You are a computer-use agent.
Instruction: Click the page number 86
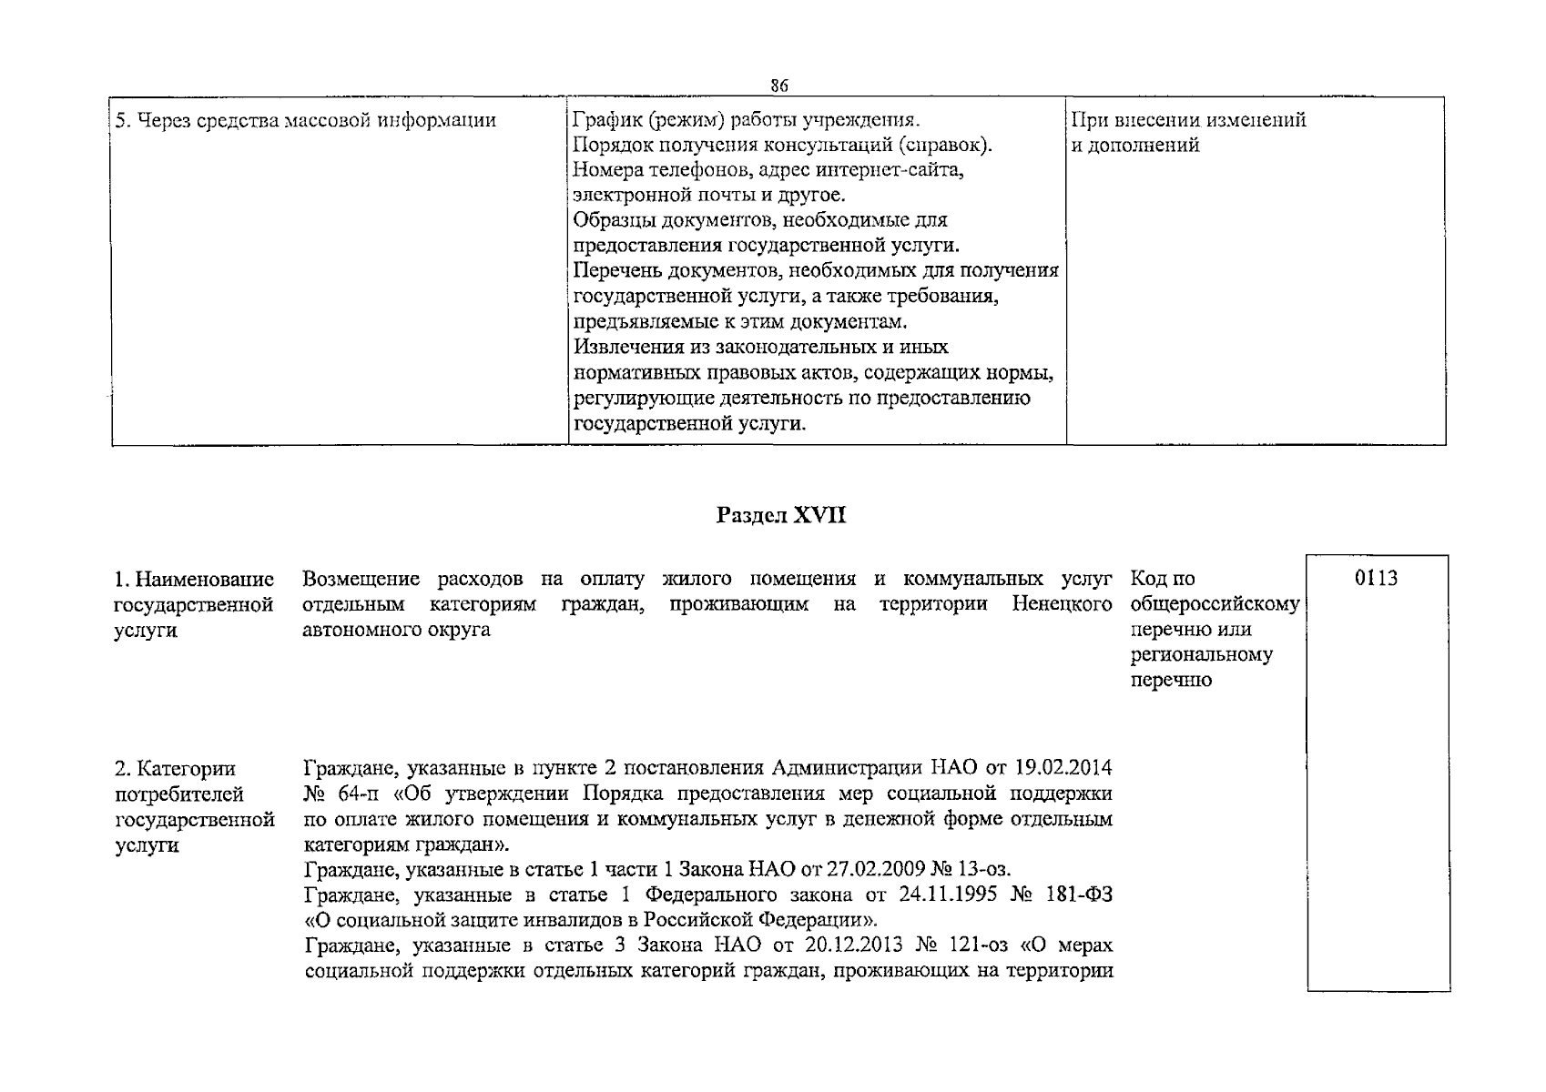tap(778, 86)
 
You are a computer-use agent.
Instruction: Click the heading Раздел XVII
tap(781, 516)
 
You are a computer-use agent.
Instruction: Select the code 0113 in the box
tap(1376, 579)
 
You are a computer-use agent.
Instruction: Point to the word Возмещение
tap(361, 580)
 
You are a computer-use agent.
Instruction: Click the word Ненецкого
tap(1062, 604)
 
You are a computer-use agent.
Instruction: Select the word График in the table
tap(604, 120)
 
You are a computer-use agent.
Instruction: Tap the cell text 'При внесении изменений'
tap(1188, 120)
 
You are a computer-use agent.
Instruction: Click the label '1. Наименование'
tap(194, 580)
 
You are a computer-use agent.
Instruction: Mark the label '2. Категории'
tap(175, 770)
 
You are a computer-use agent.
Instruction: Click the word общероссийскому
tap(1215, 604)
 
